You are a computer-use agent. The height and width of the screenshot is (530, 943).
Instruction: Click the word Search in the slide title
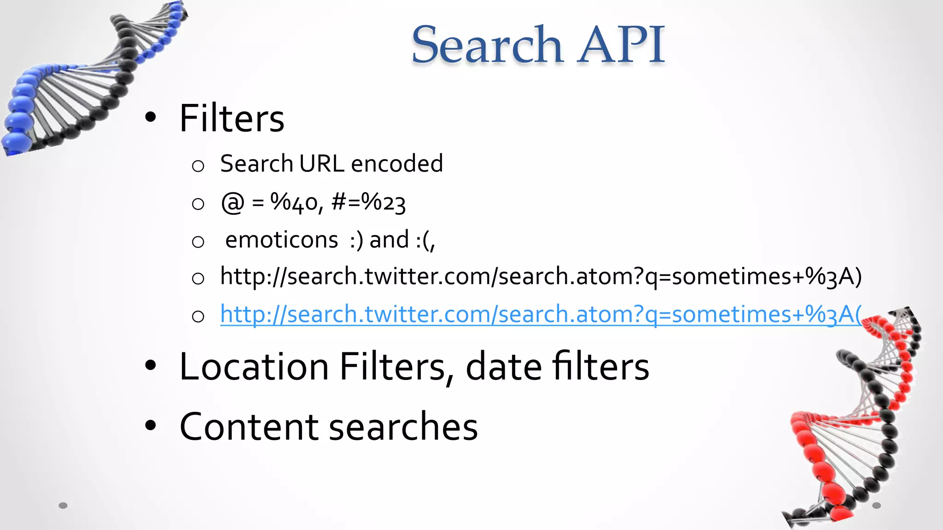[487, 45]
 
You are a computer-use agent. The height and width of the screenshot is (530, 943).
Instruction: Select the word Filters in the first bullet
[232, 119]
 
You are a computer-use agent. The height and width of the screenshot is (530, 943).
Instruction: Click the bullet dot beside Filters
[151, 118]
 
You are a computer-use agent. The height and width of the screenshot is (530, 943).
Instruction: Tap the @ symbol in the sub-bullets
[233, 202]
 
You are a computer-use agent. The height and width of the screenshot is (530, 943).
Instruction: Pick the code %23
[384, 202]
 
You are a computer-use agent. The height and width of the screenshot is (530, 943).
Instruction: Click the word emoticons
[282, 240]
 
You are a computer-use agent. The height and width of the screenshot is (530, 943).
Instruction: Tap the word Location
[254, 367]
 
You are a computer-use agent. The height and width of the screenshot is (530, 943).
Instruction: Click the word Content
[249, 427]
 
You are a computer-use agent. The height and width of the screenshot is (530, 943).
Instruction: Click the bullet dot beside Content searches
[151, 426]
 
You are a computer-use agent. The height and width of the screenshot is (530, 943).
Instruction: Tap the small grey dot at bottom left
[63, 506]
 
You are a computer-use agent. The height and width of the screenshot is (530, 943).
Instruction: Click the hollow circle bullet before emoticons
[198, 242]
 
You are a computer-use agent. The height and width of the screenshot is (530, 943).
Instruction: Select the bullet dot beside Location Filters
[151, 366]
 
